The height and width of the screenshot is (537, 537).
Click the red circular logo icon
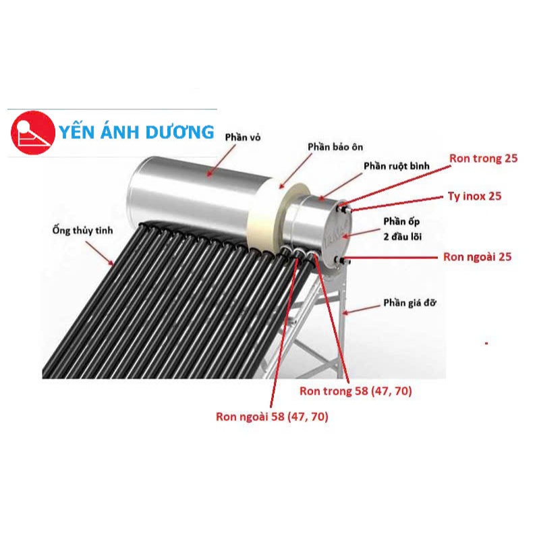(x=33, y=133)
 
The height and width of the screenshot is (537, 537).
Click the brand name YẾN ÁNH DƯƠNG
(x=136, y=132)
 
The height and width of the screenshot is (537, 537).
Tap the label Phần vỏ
(x=242, y=138)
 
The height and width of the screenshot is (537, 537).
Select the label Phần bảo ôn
(x=335, y=147)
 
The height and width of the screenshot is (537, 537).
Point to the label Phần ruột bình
(x=396, y=166)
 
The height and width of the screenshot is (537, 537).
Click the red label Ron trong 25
(x=483, y=159)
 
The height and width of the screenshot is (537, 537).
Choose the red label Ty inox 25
(x=474, y=196)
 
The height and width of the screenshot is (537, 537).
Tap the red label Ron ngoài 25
(x=477, y=257)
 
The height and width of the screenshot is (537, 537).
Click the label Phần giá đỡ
(x=409, y=303)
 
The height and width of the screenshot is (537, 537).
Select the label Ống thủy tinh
(x=82, y=231)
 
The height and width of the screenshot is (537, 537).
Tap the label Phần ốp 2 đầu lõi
(x=402, y=229)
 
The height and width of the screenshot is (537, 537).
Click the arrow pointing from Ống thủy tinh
(x=99, y=253)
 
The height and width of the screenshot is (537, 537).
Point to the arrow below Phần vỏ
(x=221, y=161)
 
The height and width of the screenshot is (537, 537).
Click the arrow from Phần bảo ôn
(x=295, y=171)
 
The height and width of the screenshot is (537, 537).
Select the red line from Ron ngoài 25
(x=390, y=258)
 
